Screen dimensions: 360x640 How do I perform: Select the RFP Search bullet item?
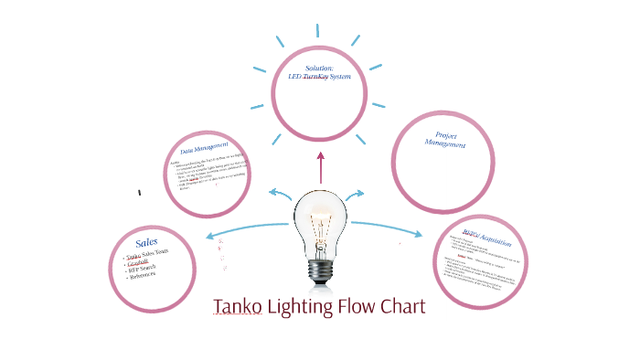144,268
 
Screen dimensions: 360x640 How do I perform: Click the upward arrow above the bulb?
320,168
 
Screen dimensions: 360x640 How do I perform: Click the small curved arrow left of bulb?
279,193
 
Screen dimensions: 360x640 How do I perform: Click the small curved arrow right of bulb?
355,193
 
